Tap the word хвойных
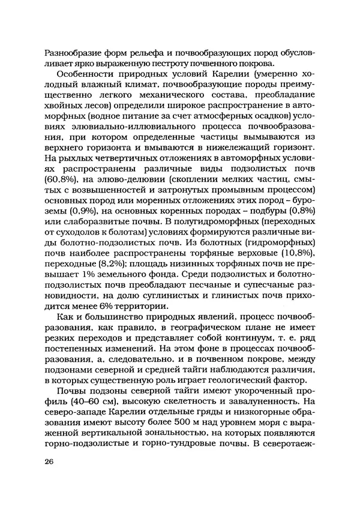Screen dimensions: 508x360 [64, 111]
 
